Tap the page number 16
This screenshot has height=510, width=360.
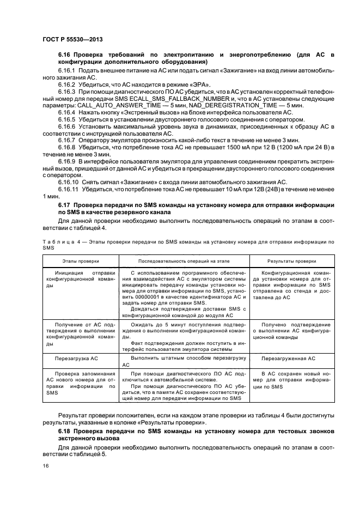click(45, 466)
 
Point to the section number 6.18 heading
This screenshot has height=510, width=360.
click(65, 431)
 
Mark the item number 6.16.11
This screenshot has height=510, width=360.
click(69, 190)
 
